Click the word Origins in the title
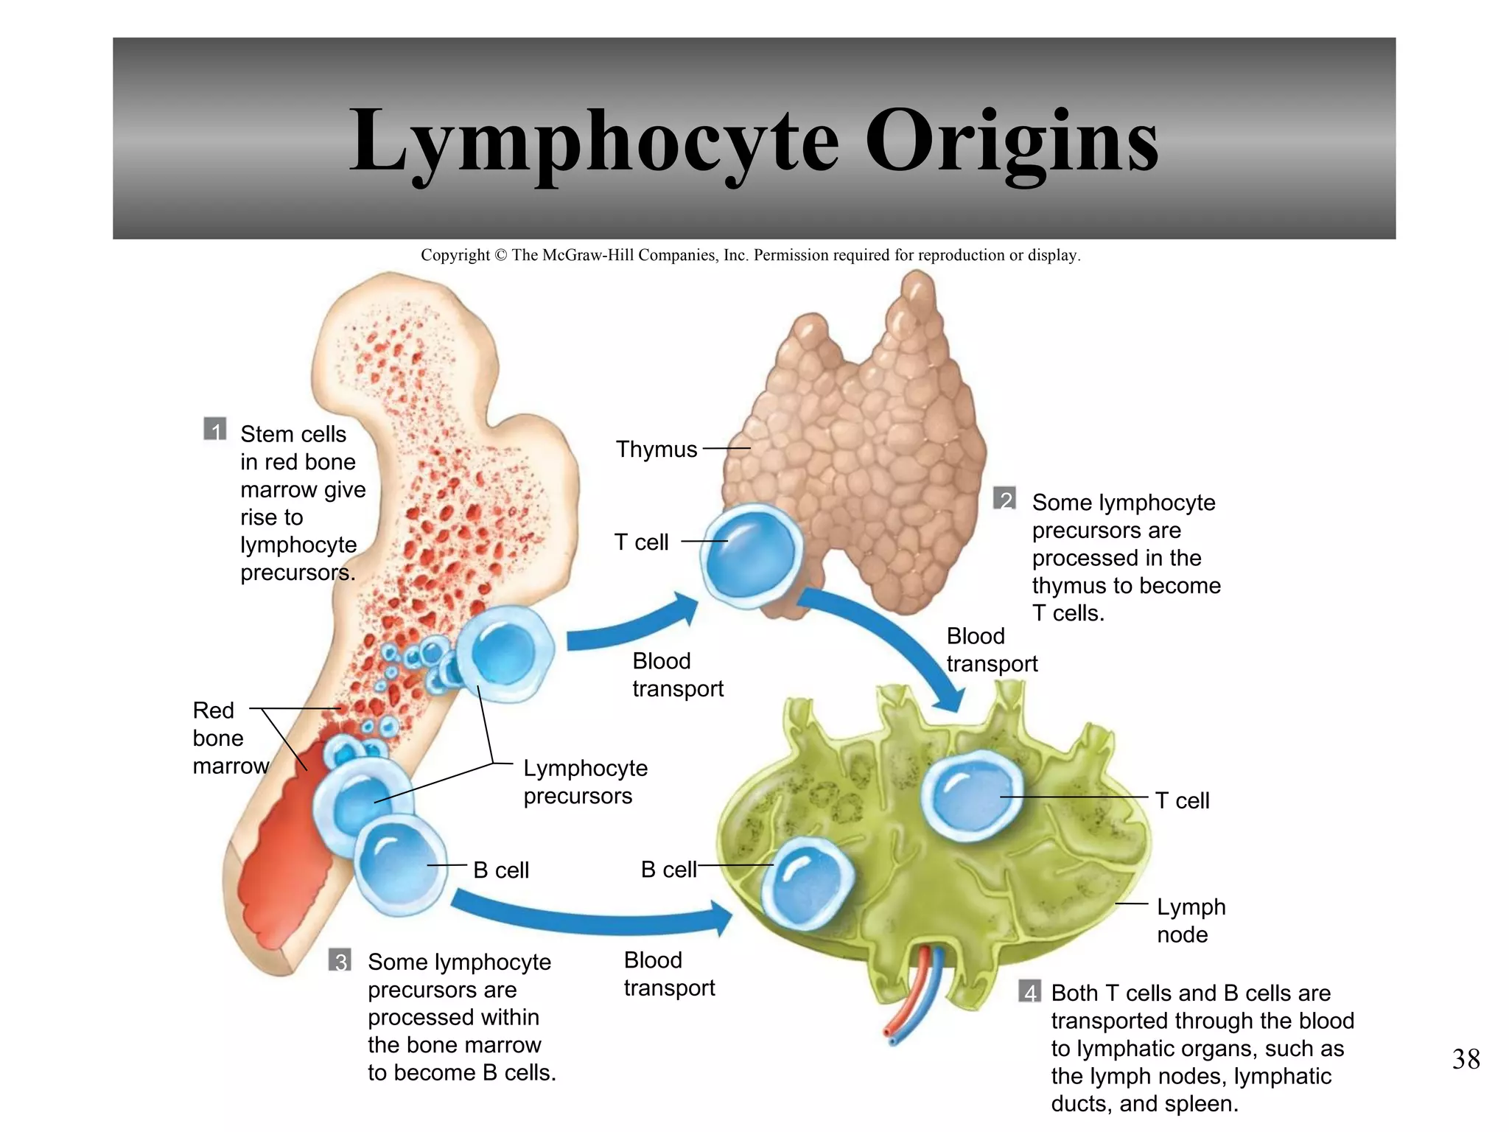point(1011,141)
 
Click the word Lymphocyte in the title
point(594,141)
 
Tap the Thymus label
point(656,449)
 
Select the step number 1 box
point(214,429)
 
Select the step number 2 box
point(1004,499)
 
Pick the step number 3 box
point(340,960)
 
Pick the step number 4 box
point(1029,991)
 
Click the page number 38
point(1466,1059)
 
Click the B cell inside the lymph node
point(808,884)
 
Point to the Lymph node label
point(1190,920)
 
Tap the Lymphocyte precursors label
point(585,782)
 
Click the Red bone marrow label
point(222,738)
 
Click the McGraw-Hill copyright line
point(750,255)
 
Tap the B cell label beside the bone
point(500,870)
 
